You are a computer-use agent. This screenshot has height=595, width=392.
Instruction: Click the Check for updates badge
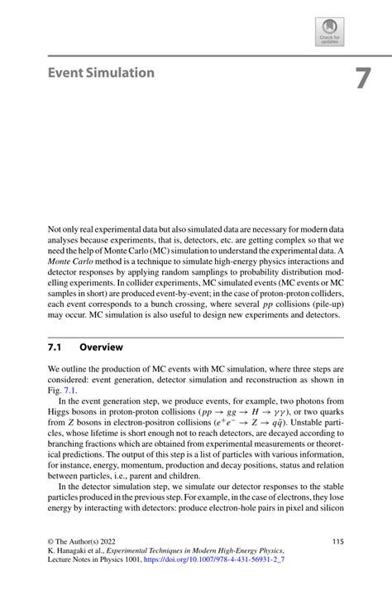[x=329, y=31]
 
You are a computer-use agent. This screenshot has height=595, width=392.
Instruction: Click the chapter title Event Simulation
[x=101, y=73]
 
